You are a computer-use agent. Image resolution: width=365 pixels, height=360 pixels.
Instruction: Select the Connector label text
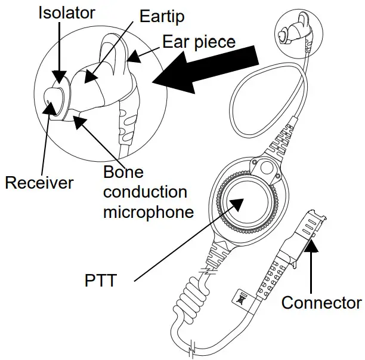321,303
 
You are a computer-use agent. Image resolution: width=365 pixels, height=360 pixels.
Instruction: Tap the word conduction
145,193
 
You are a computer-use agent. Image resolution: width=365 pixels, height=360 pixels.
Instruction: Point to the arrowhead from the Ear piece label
132,58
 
